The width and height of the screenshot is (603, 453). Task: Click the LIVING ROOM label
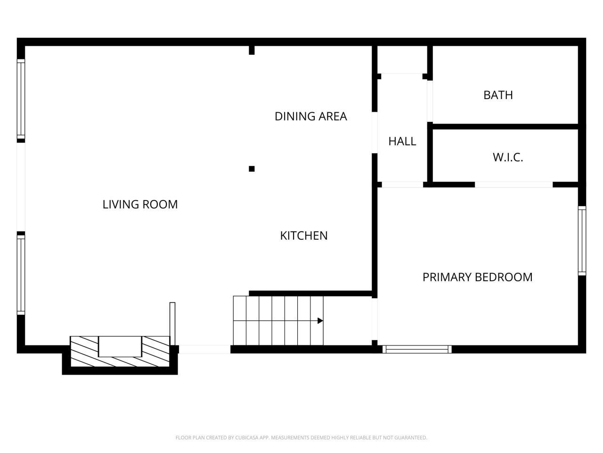click(140, 204)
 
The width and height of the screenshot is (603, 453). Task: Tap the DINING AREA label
click(310, 116)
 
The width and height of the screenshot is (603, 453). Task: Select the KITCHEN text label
click(303, 235)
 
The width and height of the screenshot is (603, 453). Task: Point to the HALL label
click(402, 141)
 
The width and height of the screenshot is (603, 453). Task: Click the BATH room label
click(498, 95)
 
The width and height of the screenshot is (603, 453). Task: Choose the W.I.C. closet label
click(508, 157)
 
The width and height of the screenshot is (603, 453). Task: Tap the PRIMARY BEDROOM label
click(477, 277)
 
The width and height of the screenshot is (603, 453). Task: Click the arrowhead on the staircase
click(320, 321)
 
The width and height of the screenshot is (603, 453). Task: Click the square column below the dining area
click(252, 169)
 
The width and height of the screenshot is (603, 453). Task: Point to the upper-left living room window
click(21, 100)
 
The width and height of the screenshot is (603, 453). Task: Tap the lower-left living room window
click(21, 275)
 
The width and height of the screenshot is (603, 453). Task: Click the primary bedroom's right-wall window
click(582, 241)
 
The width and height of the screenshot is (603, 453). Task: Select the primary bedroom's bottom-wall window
click(417, 350)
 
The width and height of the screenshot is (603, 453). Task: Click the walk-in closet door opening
click(513, 185)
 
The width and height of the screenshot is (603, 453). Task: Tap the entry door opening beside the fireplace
click(204, 350)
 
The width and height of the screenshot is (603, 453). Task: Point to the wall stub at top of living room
click(252, 50)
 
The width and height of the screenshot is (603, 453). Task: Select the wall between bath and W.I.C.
click(504, 126)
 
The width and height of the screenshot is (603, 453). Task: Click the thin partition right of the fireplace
click(172, 324)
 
